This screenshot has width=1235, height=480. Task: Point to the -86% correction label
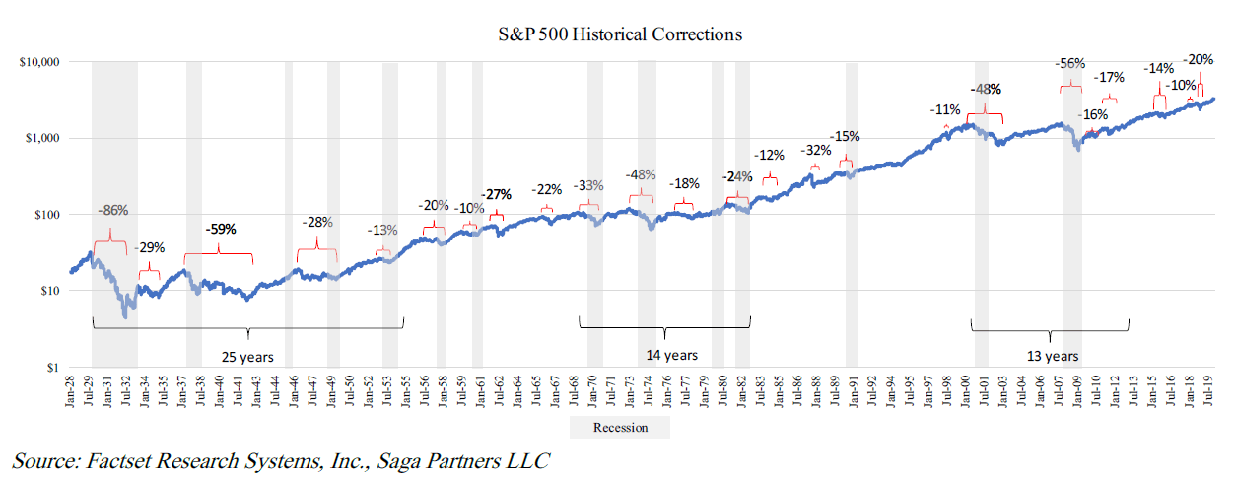click(112, 210)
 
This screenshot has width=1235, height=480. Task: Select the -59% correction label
click(221, 229)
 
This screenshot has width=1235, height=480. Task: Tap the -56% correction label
click(1069, 64)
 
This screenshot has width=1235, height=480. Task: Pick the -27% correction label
click(497, 194)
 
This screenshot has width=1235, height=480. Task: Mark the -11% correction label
click(945, 109)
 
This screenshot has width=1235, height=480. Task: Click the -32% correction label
click(815, 151)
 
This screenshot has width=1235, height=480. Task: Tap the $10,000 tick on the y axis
click(40, 62)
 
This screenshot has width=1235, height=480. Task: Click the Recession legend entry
click(620, 428)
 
